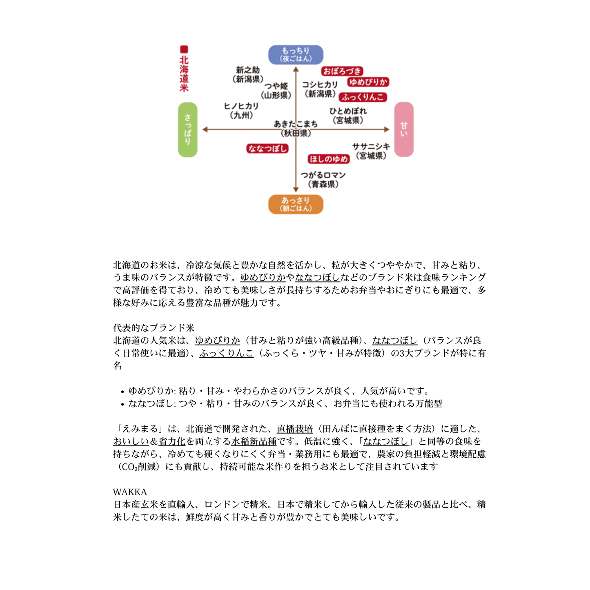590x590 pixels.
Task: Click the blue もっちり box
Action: coord(296,55)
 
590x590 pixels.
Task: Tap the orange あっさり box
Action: coord(296,204)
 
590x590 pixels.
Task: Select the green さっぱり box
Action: coord(188,129)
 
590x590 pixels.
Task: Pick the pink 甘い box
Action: coord(404,129)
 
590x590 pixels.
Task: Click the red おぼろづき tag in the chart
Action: coord(342,71)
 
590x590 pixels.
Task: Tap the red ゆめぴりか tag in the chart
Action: coord(368,82)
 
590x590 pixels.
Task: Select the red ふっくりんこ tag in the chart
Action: coord(363,97)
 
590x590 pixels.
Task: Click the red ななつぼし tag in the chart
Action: coord(267,149)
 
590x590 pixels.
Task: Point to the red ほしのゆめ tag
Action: coord(329,159)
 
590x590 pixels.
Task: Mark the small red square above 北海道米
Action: coord(184,49)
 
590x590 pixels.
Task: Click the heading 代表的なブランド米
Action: coord(154,327)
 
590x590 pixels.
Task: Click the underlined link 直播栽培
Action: coord(294,429)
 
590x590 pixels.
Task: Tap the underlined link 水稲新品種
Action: coord(254,441)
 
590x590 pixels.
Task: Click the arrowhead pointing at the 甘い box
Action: coord(387,129)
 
